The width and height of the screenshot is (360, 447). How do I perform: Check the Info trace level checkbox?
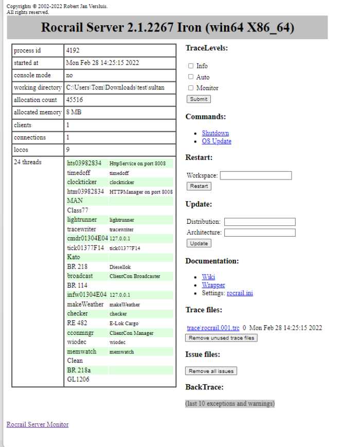point(191,66)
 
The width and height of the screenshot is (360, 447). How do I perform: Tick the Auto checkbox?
point(191,77)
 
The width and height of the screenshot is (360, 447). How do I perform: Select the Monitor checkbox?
point(191,87)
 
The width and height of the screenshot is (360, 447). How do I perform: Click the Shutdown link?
point(215,133)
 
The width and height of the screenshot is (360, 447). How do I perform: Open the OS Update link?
point(217,141)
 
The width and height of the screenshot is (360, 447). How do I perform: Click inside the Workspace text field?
point(256,175)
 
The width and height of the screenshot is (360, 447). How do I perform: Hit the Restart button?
point(199,186)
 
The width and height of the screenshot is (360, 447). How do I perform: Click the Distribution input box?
point(260,222)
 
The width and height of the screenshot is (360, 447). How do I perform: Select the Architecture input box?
point(260,233)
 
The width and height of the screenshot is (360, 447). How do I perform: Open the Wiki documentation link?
point(208,277)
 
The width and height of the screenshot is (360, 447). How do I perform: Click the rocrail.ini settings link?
point(240,293)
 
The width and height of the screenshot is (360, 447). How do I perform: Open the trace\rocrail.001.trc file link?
point(213,328)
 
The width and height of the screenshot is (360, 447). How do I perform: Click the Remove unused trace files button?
point(221,338)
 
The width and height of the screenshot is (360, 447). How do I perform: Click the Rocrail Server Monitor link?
point(38,424)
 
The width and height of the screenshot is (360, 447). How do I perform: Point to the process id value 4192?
point(73,51)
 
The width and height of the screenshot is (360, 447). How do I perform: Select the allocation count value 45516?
point(75,100)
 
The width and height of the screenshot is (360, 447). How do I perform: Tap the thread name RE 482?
point(77,323)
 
